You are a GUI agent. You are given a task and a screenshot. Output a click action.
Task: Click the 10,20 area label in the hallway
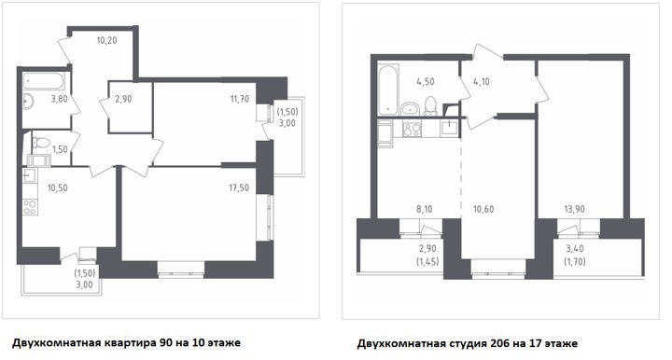106,41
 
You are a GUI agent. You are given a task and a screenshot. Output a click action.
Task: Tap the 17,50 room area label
239,187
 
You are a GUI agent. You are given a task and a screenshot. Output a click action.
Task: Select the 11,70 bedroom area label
239,99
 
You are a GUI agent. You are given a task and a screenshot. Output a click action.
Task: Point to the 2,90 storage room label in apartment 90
123,99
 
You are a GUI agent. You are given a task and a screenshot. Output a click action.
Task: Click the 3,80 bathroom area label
59,99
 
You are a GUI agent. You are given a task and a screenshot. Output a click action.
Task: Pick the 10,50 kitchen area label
58,187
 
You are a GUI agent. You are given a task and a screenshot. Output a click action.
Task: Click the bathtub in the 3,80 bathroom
43,81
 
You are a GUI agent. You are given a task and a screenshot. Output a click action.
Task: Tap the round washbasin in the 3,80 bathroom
28,102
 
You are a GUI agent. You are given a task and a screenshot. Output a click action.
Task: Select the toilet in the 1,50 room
41,143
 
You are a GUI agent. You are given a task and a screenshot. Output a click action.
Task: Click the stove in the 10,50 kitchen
30,207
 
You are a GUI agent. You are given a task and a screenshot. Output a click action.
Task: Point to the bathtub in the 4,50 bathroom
388,90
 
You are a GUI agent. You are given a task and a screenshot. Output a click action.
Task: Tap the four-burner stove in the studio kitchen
412,129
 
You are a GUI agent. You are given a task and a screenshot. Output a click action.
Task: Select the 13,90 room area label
574,209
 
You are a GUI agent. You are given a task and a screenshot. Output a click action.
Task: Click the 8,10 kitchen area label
425,209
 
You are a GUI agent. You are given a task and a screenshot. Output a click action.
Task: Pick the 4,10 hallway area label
482,82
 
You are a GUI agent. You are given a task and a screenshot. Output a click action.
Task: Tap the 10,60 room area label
483,209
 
